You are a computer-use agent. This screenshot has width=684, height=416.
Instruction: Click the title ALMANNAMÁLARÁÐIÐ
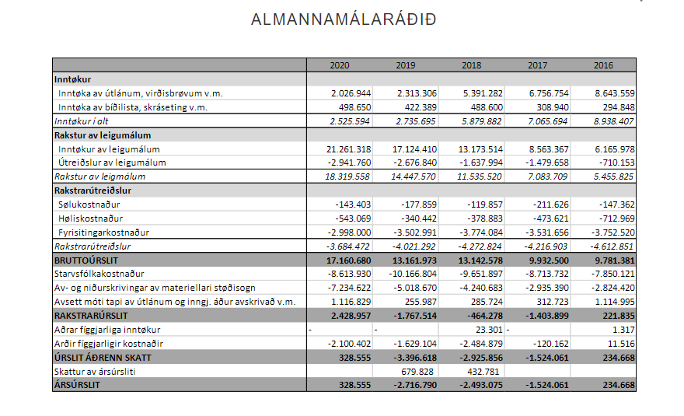(344, 19)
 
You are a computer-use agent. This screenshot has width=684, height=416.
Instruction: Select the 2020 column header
(339, 65)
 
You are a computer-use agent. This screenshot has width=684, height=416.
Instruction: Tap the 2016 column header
(603, 65)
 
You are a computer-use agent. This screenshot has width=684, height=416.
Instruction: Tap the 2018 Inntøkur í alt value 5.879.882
(481, 121)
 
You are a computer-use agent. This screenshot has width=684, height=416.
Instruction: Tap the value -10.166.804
(412, 274)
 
